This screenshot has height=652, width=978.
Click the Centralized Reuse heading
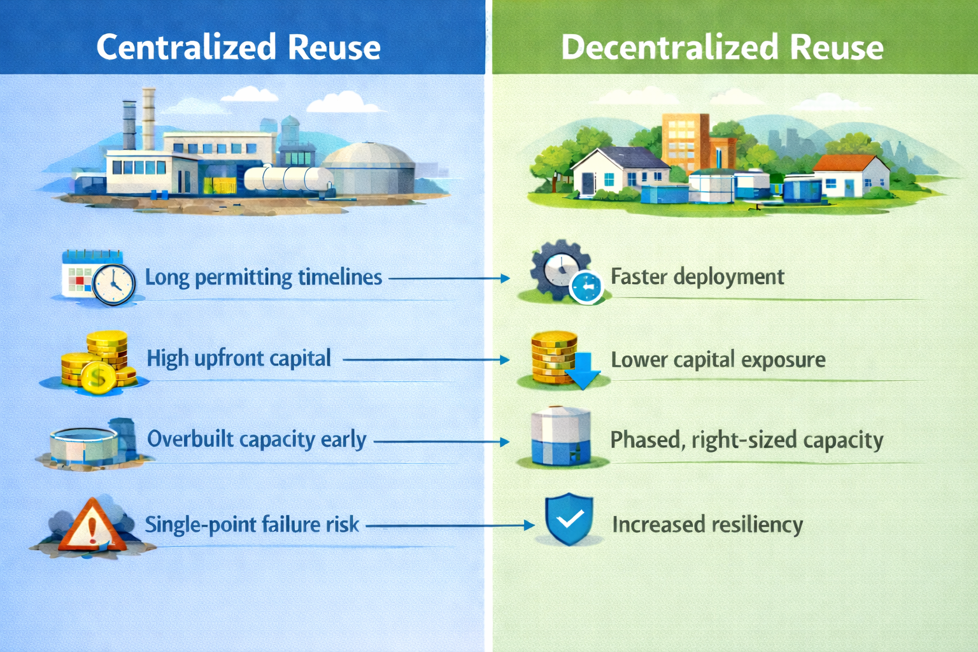click(238, 47)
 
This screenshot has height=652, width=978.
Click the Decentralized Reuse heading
click(722, 47)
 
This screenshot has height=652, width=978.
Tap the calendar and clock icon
click(99, 279)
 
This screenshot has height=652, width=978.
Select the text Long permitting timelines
click(264, 278)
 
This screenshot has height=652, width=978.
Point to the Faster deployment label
click(697, 277)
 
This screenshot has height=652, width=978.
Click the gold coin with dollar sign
click(97, 377)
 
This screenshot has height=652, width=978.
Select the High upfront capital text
click(239, 358)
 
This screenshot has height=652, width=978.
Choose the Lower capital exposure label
click(718, 360)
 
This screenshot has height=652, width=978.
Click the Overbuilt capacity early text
click(257, 439)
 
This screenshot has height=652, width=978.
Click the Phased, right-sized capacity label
click(746, 440)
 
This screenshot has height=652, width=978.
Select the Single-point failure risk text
click(252, 525)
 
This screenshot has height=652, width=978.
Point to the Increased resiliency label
click(707, 525)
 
